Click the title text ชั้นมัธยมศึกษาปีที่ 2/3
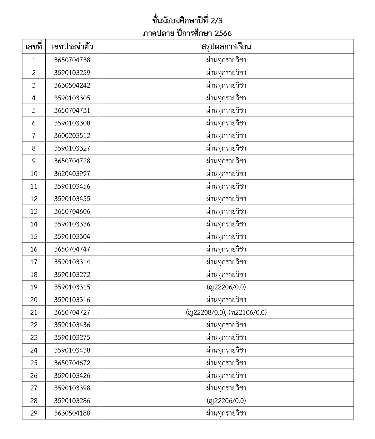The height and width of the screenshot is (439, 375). [x=187, y=21]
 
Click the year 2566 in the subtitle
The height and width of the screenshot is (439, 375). [x=223, y=33]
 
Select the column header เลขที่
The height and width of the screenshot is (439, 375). [x=34, y=47]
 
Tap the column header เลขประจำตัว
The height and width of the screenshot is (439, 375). [x=72, y=47]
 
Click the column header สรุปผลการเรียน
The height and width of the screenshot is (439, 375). [x=226, y=47]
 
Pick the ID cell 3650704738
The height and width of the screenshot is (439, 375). [x=72, y=60]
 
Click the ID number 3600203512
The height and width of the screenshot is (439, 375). [x=72, y=136]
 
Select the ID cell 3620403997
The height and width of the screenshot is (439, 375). [x=72, y=174]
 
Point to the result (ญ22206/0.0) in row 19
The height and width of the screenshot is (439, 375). [x=226, y=287]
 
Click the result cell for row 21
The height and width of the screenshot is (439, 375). [x=226, y=312]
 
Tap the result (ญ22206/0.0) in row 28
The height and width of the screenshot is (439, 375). [x=226, y=401]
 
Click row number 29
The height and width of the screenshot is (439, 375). [x=34, y=413]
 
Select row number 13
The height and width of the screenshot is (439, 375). [x=34, y=211]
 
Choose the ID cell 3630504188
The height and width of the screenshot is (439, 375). [x=72, y=413]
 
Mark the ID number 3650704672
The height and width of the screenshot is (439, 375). [x=72, y=363]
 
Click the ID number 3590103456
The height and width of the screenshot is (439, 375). [x=72, y=186]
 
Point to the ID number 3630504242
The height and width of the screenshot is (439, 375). [x=72, y=85]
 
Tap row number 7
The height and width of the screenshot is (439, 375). [x=34, y=136]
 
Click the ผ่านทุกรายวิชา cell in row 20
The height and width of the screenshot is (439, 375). [x=226, y=300]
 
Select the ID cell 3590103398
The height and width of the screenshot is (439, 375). [x=72, y=388]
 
